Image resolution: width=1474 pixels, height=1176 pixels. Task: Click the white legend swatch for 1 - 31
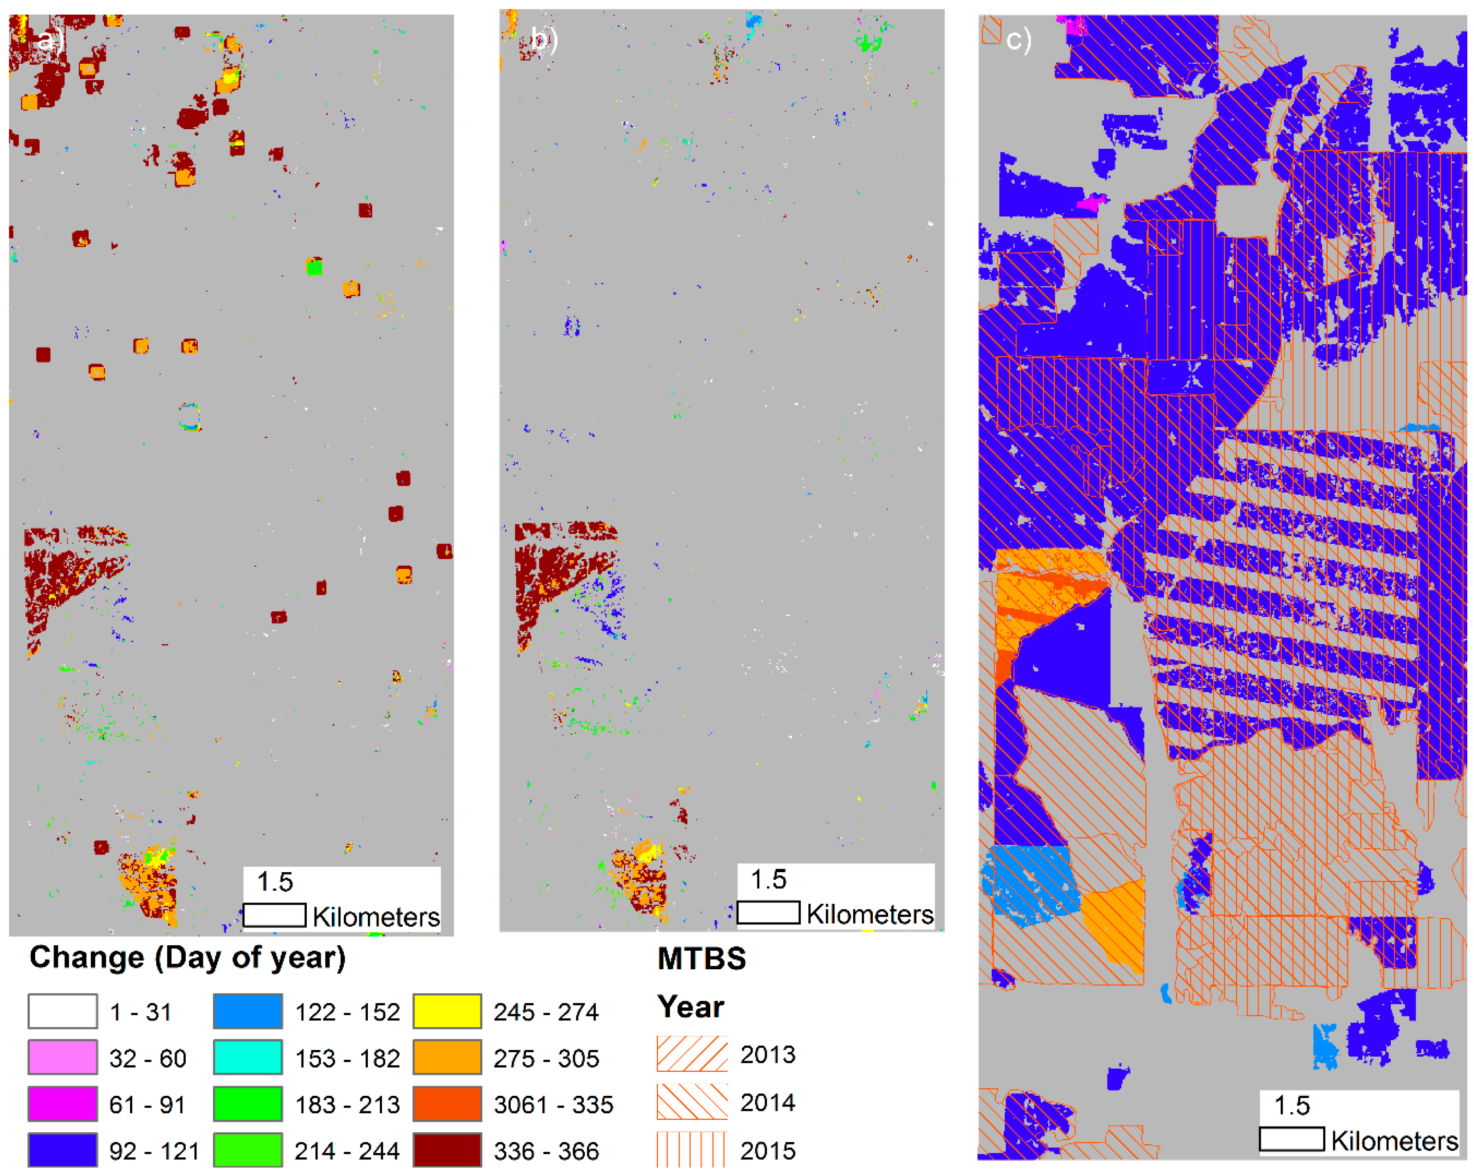click(62, 1011)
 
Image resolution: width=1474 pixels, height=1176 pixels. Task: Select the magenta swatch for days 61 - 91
click(62, 1104)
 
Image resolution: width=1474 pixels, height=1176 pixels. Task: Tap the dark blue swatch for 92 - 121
click(62, 1151)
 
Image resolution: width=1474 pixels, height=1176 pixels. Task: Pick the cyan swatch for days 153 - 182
click(248, 1058)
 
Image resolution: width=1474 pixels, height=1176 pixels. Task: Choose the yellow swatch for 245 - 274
click(447, 1011)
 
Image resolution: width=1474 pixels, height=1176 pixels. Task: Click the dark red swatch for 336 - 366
click(447, 1151)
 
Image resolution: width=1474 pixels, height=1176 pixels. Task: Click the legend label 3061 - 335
click(553, 1105)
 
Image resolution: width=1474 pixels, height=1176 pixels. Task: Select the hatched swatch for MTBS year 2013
click(692, 1053)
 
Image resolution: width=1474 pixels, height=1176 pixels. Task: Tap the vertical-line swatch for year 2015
click(692, 1150)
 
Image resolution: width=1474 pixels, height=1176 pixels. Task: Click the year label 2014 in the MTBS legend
click(768, 1102)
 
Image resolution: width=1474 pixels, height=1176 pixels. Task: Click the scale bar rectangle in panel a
click(274, 915)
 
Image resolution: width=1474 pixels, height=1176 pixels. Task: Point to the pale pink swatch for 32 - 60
click(62, 1058)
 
